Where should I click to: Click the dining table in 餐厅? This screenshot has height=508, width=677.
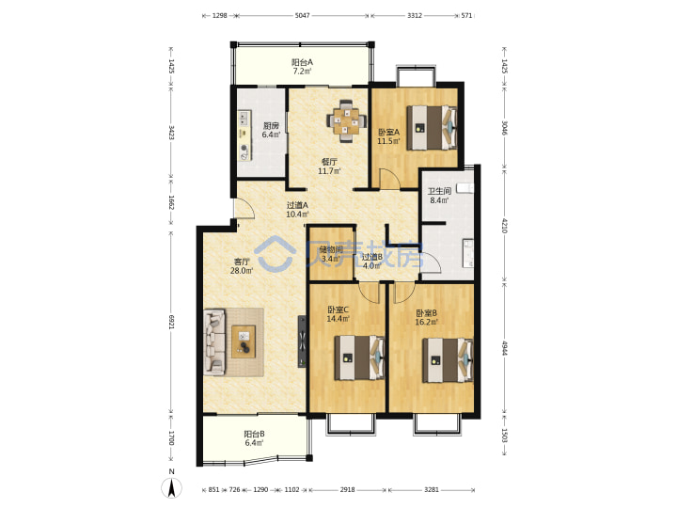[x=346, y=121]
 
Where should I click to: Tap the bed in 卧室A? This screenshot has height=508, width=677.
[x=432, y=128]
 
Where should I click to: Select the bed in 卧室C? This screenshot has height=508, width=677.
[x=359, y=357]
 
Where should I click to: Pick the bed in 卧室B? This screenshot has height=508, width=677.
[x=448, y=360]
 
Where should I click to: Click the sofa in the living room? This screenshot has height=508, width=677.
[x=214, y=341]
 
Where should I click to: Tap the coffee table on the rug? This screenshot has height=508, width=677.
[x=244, y=341]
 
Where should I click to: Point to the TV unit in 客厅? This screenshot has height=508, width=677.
[x=302, y=341]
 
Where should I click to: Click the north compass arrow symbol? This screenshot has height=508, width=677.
[x=171, y=488]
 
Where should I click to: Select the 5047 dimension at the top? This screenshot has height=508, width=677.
[x=302, y=16]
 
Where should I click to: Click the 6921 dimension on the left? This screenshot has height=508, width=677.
[x=171, y=322]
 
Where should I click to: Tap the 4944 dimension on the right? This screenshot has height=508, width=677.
[x=504, y=348]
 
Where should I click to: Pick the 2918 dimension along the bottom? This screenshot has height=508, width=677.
[x=347, y=489]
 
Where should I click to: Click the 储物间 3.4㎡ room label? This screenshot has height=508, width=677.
[x=331, y=254]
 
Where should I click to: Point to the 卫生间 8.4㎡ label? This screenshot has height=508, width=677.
[x=439, y=196]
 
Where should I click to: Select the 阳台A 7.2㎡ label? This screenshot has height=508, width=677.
[x=302, y=67]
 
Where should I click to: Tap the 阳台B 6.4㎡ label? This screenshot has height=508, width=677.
[x=254, y=438]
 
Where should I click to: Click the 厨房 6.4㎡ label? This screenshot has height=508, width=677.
[x=271, y=130]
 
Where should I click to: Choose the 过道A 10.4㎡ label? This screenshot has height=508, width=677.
[x=297, y=210]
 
